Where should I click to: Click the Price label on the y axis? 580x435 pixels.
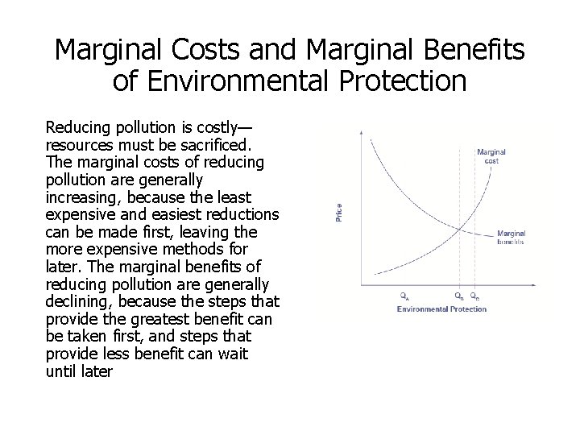(339, 213)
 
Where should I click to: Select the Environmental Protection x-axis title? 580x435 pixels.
(441, 309)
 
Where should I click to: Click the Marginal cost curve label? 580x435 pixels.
(491, 155)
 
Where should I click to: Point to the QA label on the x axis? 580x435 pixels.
(405, 296)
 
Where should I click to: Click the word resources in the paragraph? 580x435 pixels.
(78, 146)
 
